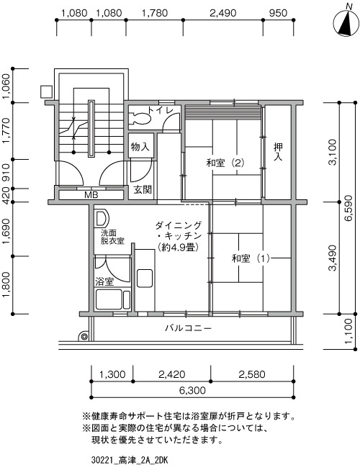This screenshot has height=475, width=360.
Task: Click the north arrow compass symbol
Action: click(346, 22)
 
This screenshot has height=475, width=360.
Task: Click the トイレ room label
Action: click(161, 110)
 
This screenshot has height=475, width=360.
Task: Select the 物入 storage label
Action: click(140, 148)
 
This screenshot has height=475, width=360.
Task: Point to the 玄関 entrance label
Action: click(143, 190)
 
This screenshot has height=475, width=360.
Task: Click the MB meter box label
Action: click(91, 195)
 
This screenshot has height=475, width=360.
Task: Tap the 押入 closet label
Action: click(278, 152)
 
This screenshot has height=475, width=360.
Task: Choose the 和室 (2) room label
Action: click(225, 163)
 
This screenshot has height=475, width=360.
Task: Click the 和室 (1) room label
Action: click(251, 258)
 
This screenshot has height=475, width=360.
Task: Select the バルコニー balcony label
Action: click(188, 328)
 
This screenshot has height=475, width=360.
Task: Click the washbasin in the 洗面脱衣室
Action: click(101, 218)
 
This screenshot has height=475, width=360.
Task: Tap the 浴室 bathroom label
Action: click(104, 281)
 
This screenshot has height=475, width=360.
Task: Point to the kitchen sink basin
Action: click(145, 279)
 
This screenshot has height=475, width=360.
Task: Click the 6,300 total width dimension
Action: click(192, 390)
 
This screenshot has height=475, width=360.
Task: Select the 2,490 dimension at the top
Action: click(222, 13)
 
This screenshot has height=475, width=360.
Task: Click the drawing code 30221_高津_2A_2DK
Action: click(130, 461)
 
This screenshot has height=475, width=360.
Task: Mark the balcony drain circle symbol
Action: click(84, 337)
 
